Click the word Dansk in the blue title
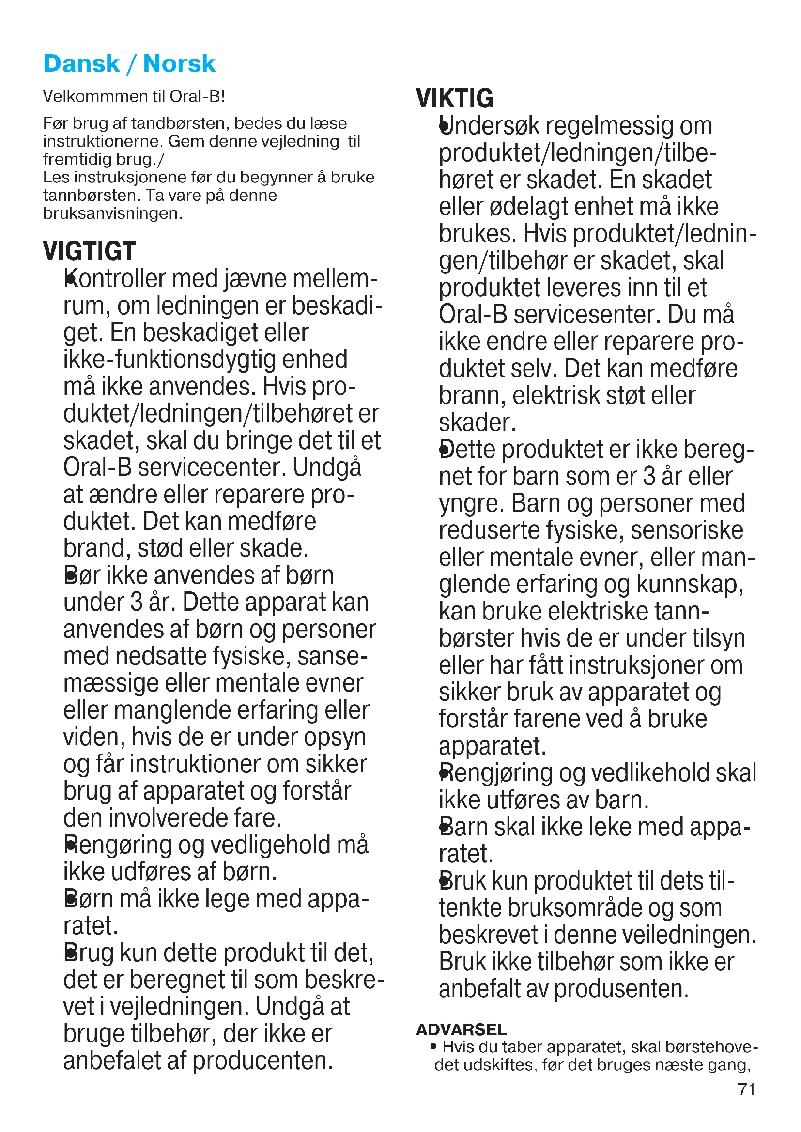pyautogui.click(x=81, y=64)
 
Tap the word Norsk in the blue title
pyautogui.click(x=179, y=64)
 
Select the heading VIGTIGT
pyautogui.click(x=89, y=251)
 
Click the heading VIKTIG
pyautogui.click(x=454, y=98)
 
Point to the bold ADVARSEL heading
pyautogui.click(x=461, y=1029)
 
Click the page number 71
pyautogui.click(x=746, y=1089)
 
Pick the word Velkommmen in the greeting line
pyautogui.click(x=87, y=96)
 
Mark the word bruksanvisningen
pyautogui.click(x=112, y=213)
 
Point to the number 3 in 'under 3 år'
pyautogui.click(x=137, y=602)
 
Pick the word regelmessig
pyautogui.click(x=609, y=126)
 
